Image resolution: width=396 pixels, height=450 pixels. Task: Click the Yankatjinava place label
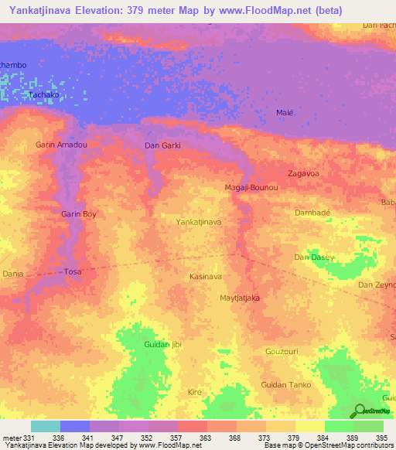[200, 222]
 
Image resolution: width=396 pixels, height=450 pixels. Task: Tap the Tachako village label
[43, 94]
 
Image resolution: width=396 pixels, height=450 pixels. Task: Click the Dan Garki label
[162, 145]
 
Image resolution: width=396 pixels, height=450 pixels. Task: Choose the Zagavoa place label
[304, 173]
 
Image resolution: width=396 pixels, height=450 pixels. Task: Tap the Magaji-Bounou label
[251, 188]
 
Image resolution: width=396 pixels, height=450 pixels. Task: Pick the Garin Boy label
[79, 213]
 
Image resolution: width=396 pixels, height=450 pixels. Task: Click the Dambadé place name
[313, 212]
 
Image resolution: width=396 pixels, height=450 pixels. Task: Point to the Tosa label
[72, 271]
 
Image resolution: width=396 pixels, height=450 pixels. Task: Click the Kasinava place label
[206, 276]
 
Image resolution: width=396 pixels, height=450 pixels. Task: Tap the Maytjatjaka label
[240, 298]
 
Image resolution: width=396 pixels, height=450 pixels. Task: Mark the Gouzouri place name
[303, 351]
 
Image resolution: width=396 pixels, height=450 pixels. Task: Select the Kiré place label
[195, 392]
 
